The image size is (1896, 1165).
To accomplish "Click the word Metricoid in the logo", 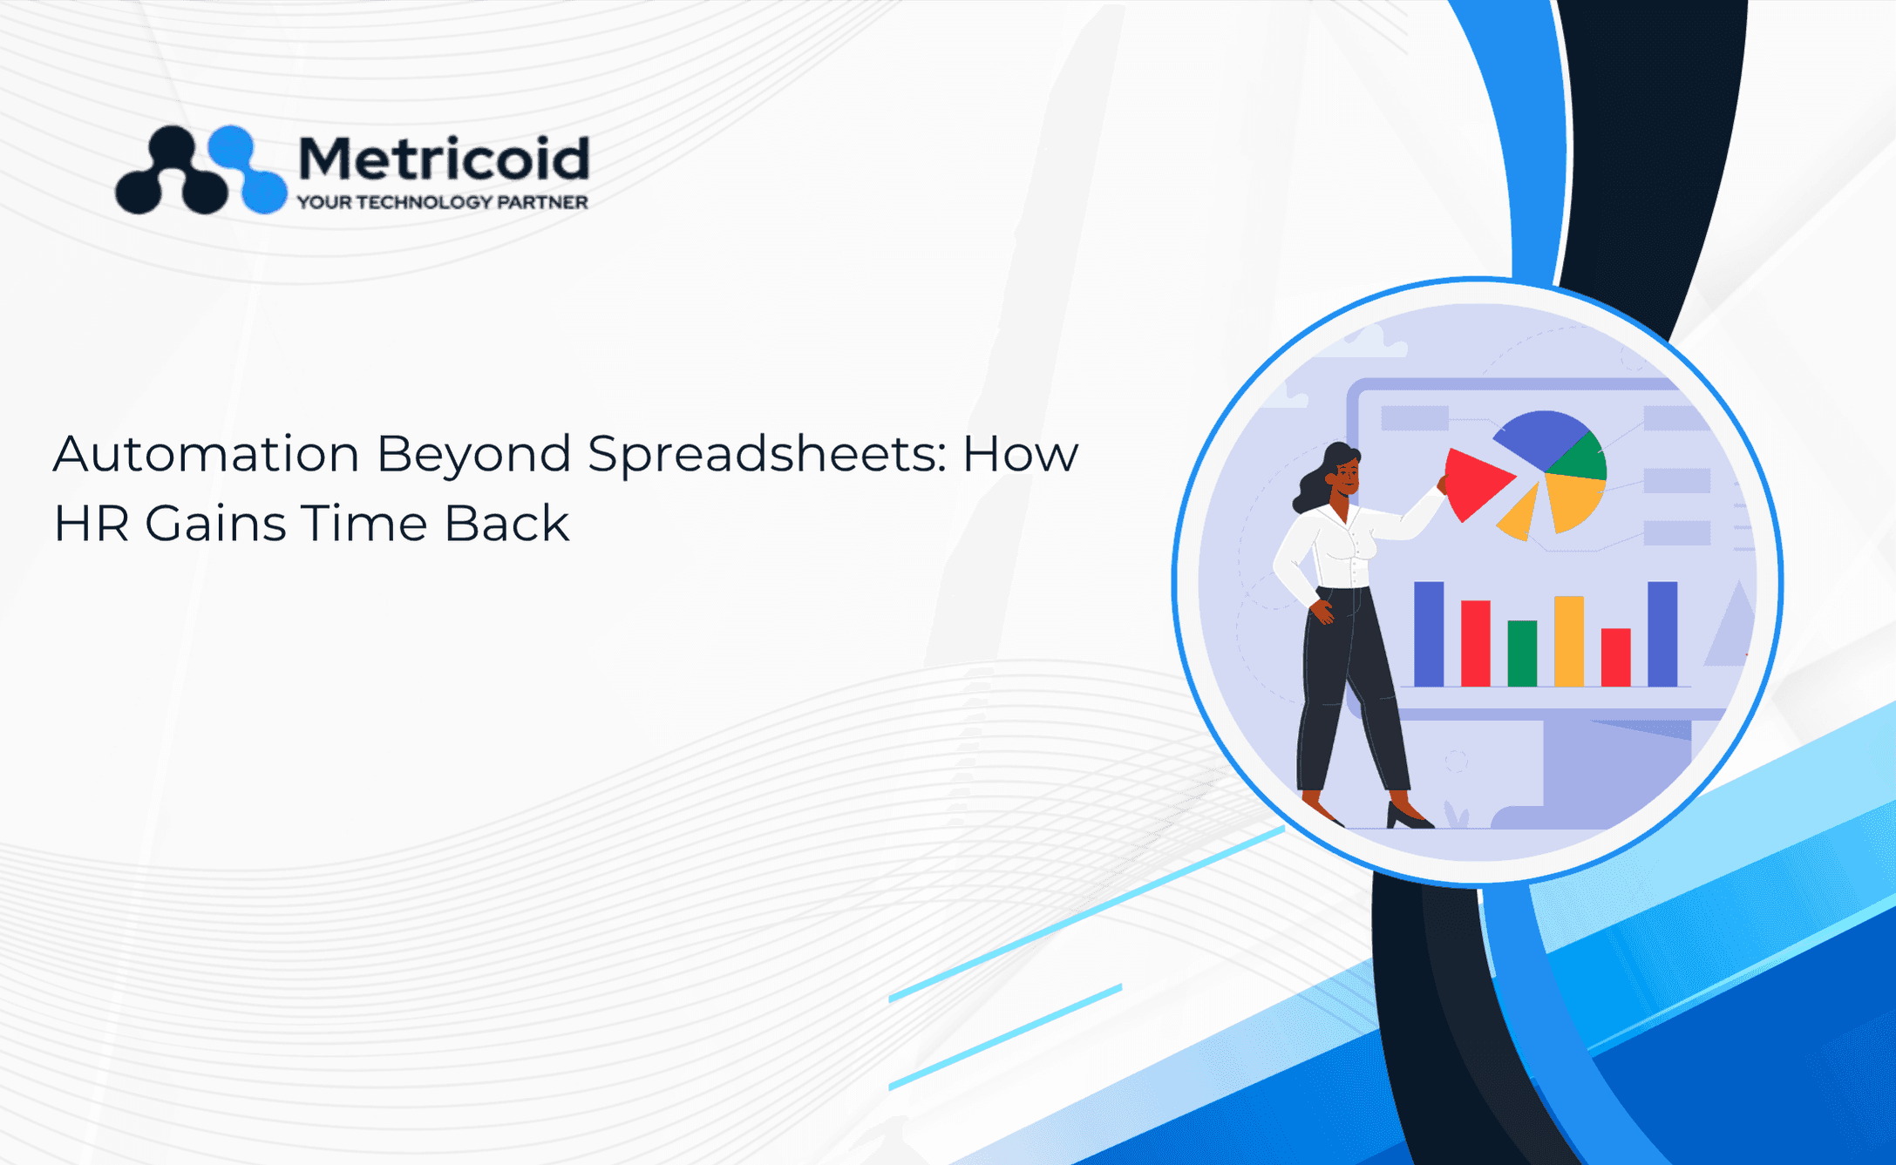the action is point(444,159).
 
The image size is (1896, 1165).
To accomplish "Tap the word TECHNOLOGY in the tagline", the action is point(424,202).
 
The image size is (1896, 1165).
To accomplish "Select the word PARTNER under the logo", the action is point(542,202).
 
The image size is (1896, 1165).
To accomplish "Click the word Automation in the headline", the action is point(207,453).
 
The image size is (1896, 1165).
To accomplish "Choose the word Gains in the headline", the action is point(215,524).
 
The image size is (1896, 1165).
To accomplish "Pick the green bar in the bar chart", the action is point(1522,653).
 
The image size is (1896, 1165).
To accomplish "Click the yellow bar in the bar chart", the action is point(1569,640).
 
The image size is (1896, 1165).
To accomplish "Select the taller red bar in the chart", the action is point(1475,643).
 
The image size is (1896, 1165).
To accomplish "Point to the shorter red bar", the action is point(1616,657).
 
